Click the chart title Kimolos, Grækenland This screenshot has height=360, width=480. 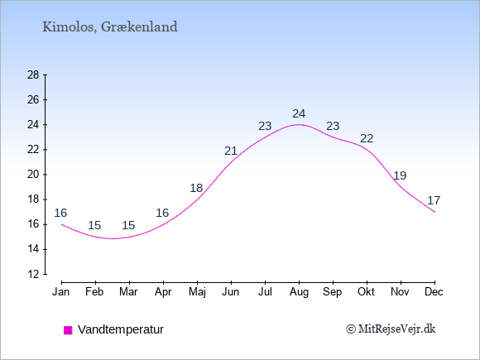click(x=110, y=27)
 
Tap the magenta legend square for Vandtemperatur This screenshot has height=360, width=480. click(x=68, y=330)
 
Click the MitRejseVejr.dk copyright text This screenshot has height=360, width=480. click(x=391, y=329)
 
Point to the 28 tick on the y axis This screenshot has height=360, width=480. click(x=33, y=75)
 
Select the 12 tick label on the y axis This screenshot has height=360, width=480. click(x=33, y=274)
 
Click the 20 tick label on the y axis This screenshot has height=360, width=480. click(x=33, y=175)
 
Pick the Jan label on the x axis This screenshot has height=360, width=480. click(x=61, y=292)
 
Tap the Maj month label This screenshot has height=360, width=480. click(x=197, y=292)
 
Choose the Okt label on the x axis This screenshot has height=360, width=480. click(x=366, y=292)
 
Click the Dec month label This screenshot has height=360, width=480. click(x=434, y=292)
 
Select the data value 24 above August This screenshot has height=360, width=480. click(x=299, y=114)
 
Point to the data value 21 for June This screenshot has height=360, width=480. click(x=231, y=151)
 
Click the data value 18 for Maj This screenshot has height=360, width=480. click(x=196, y=188)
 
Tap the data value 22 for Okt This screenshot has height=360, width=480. click(x=367, y=139)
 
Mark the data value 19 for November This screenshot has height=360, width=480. click(x=400, y=175)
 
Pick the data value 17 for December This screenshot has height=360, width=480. click(x=434, y=200)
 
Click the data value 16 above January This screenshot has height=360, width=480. click(x=60, y=213)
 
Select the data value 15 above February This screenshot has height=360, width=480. click(x=94, y=225)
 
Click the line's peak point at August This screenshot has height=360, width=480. click(x=299, y=125)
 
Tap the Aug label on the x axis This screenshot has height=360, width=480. click(x=299, y=292)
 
